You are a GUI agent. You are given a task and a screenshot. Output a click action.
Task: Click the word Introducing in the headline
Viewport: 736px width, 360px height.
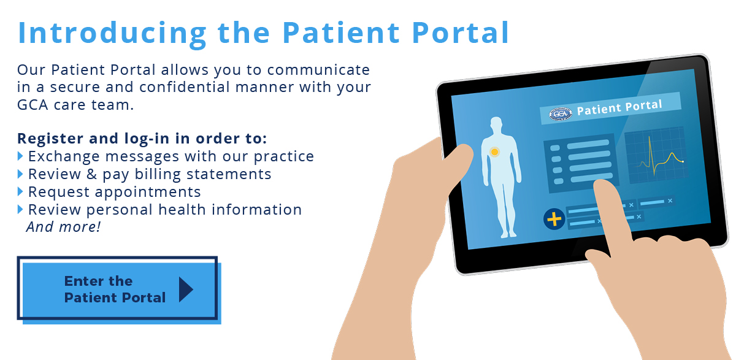pos(112,33)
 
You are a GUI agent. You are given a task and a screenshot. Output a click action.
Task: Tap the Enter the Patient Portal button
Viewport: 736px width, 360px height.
pos(118,289)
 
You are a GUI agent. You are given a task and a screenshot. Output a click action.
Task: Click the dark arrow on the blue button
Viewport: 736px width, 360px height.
pos(186,289)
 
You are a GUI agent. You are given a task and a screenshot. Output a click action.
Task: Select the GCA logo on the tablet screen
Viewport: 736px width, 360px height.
pos(560,114)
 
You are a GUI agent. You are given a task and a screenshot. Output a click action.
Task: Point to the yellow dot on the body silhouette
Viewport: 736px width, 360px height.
pos(494,152)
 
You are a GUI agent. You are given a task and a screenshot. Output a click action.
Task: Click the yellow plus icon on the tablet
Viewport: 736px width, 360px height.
pos(554,219)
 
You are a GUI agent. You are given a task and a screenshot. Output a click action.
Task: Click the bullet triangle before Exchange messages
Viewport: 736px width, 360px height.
pos(20,156)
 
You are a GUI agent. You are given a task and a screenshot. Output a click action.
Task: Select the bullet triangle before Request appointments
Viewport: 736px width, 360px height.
pos(20,191)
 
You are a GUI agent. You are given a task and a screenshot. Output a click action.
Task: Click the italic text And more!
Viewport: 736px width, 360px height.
pos(63,227)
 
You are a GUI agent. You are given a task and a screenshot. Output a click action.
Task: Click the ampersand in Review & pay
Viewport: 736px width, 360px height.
pos(91,174)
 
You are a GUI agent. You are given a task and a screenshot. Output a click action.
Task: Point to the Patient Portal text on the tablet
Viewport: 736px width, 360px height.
pos(619,107)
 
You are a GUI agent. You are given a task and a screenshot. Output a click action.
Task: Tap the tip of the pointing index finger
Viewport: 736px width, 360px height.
pos(602,183)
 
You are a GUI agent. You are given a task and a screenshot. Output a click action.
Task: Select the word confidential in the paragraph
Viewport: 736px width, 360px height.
pos(185,87)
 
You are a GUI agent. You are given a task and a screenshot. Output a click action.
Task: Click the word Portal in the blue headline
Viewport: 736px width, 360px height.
pos(461,33)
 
